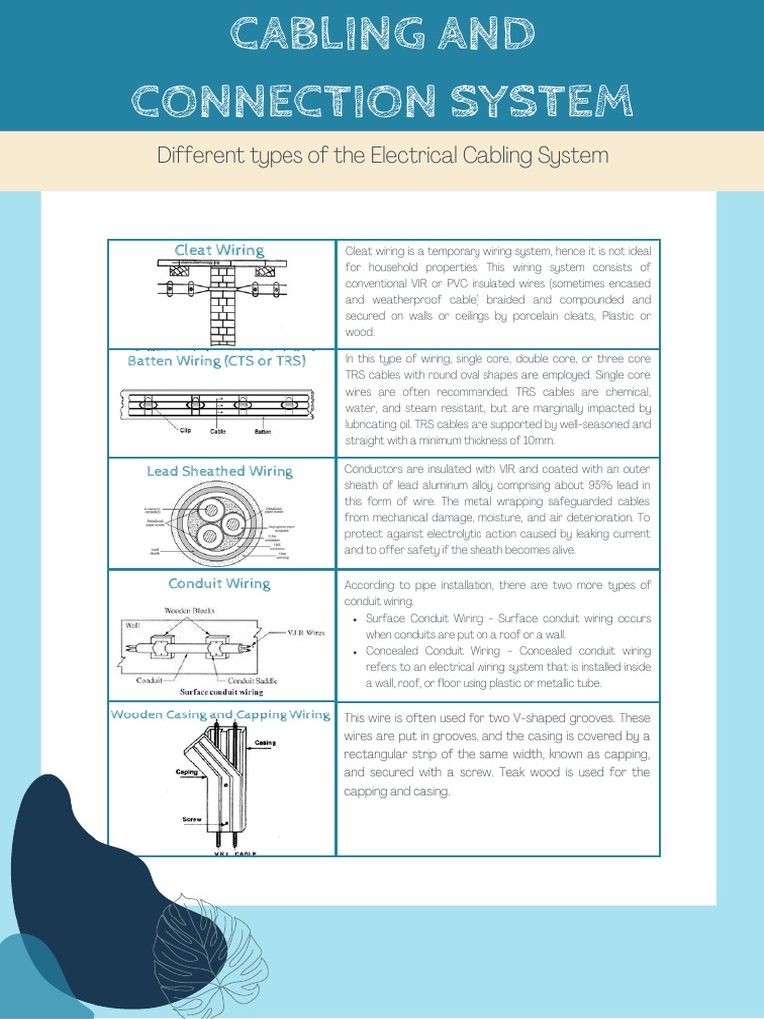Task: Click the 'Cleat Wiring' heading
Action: (x=219, y=250)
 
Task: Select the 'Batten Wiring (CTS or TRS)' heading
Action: (x=217, y=361)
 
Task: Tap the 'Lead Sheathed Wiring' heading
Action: (x=220, y=471)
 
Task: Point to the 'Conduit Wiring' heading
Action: (x=219, y=583)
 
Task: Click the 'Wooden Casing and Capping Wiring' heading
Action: (x=221, y=714)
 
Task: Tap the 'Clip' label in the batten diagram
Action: (x=185, y=431)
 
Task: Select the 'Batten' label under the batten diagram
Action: (x=261, y=431)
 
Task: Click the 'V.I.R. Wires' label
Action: (x=305, y=631)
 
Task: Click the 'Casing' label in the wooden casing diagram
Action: (x=265, y=743)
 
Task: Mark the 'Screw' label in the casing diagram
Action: (x=192, y=820)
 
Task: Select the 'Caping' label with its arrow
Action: (x=188, y=772)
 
